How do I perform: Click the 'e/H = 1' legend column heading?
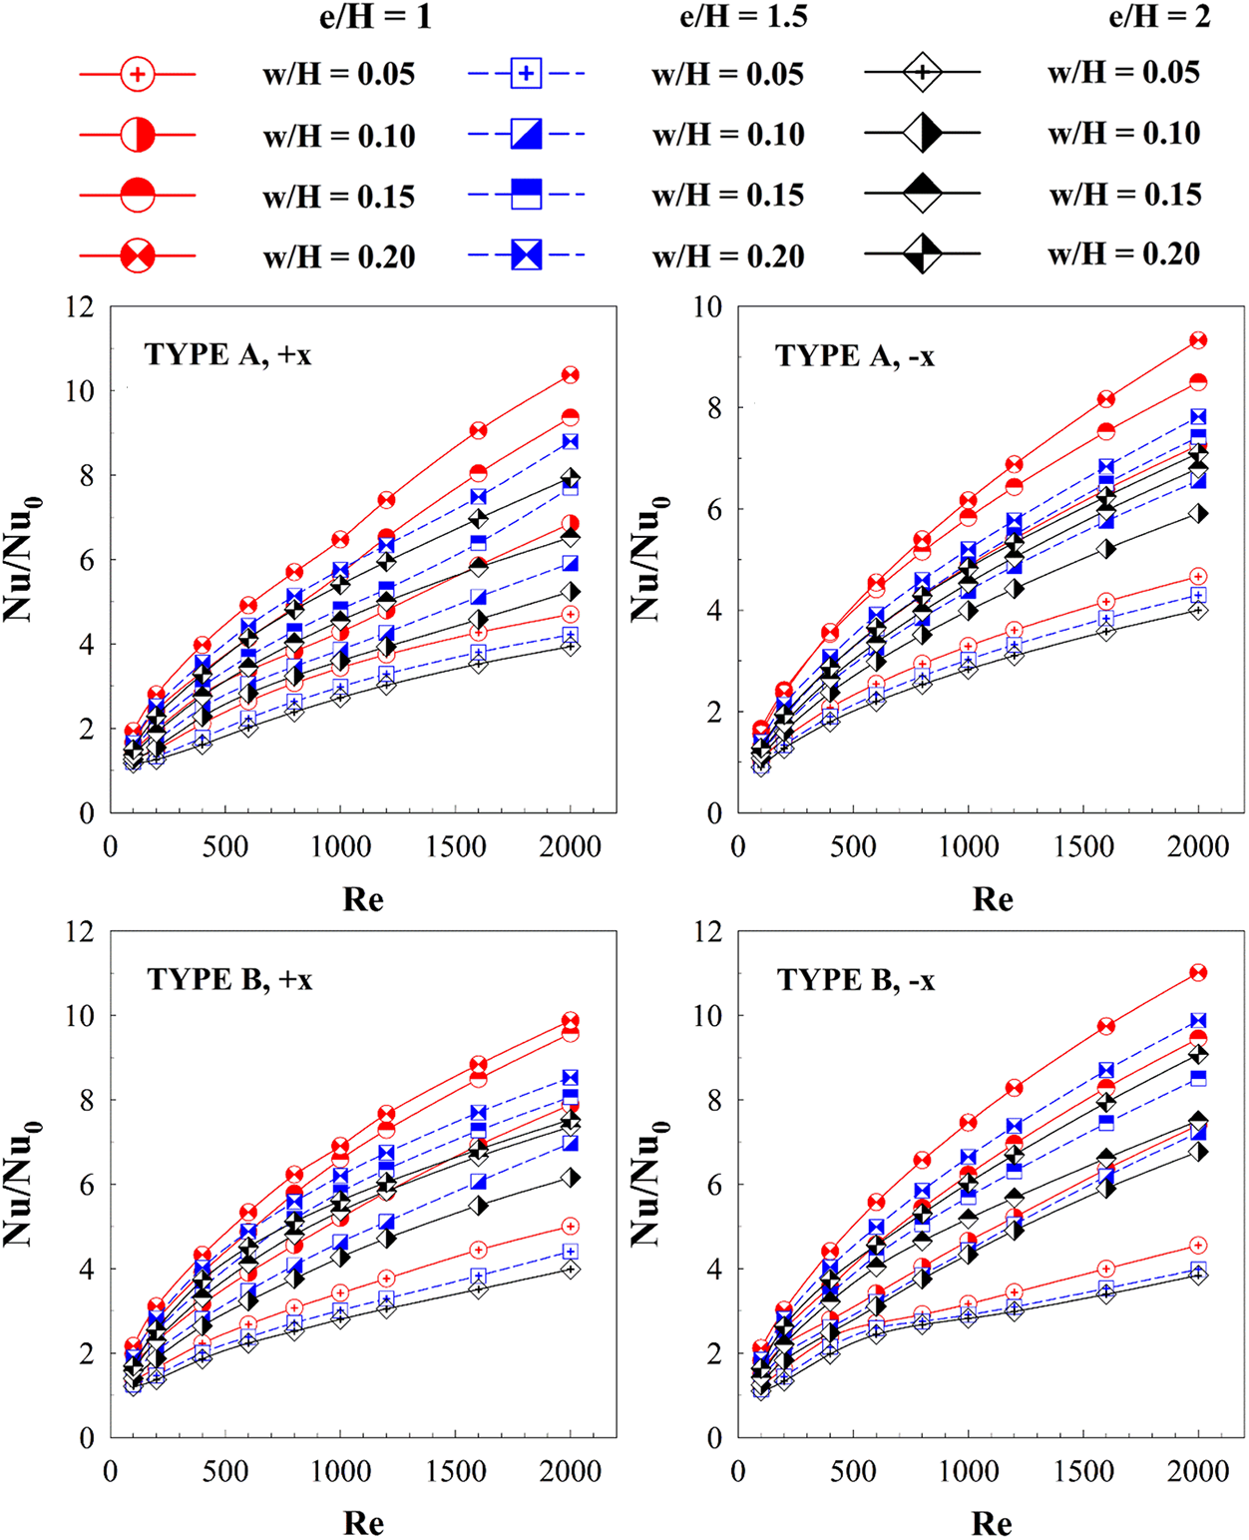pos(374,17)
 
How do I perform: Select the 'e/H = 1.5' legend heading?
pos(743,17)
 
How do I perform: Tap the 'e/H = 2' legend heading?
pos(1160,17)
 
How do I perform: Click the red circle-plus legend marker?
pos(138,74)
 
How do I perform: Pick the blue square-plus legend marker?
pos(526,74)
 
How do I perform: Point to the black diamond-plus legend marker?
pos(923,72)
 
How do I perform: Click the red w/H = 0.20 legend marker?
pos(138,257)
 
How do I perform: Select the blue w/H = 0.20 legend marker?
pos(526,256)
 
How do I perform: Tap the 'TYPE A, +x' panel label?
pos(227,354)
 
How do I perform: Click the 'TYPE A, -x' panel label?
pos(855,355)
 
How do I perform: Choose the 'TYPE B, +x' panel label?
pos(229,979)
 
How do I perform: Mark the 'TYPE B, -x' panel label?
pos(856,980)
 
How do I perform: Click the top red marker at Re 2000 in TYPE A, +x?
pos(571,375)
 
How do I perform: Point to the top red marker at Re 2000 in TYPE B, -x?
pos(1198,972)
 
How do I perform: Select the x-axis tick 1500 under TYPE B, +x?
pos(456,1471)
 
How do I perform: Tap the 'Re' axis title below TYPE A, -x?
pos(993,899)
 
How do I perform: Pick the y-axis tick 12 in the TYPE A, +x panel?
pos(80,306)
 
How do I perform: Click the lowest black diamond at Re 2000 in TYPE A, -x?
pos(1198,610)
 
